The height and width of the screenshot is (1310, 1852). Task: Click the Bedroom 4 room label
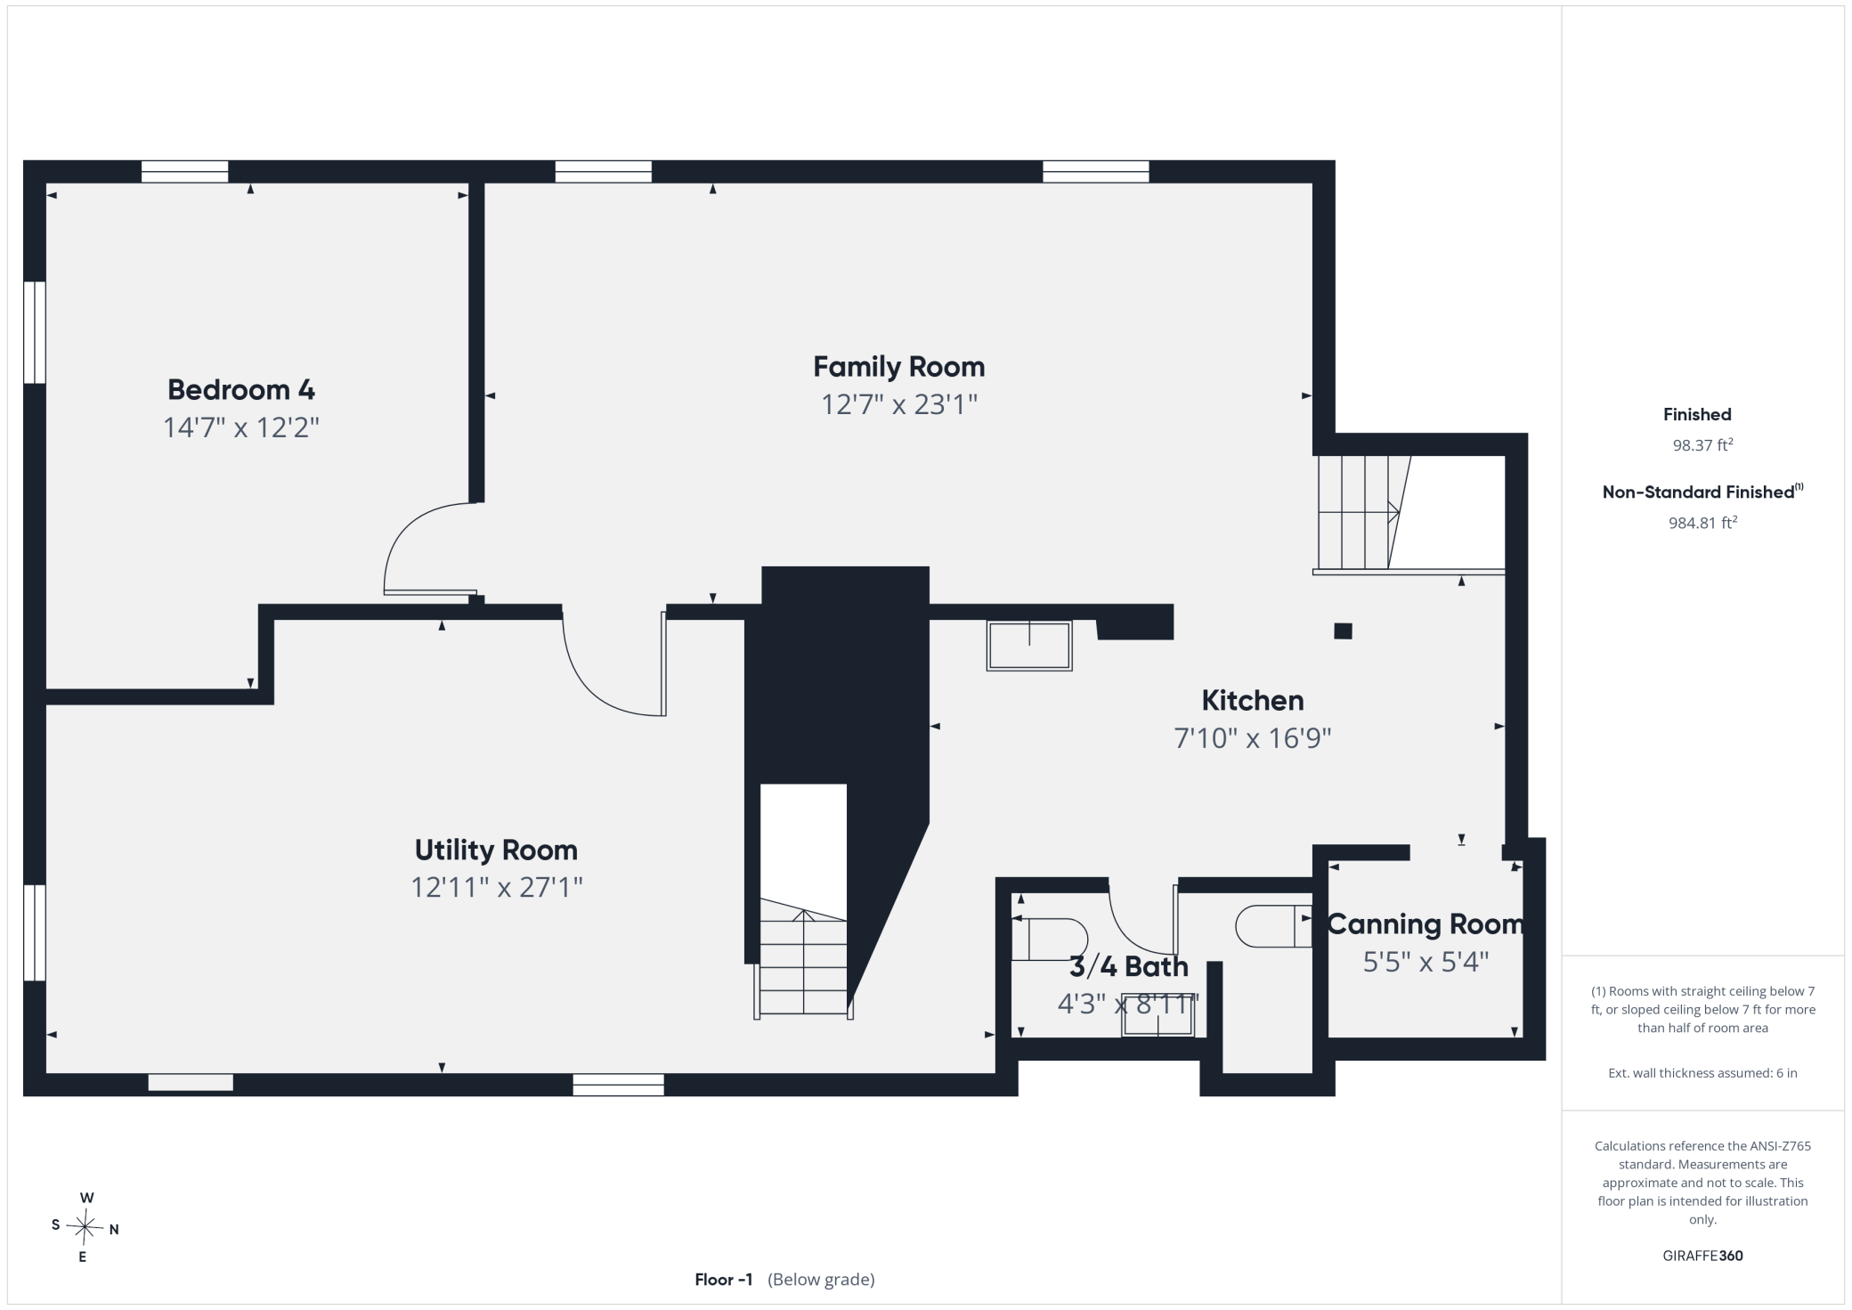point(240,389)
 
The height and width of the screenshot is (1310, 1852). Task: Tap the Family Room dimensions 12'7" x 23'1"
point(898,404)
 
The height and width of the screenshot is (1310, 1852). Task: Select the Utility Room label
point(496,850)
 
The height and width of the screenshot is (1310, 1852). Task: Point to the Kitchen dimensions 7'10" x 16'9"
point(1252,738)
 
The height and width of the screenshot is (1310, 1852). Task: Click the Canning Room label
point(1426,924)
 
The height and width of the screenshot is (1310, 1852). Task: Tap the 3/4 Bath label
point(1128,966)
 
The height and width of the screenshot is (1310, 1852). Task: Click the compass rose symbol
point(85,1227)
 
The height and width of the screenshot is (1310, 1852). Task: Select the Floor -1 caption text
point(723,1279)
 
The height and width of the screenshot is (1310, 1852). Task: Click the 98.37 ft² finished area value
point(1702,444)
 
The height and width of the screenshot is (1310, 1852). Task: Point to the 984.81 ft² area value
point(1702,523)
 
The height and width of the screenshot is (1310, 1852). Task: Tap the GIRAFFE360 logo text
point(1702,1256)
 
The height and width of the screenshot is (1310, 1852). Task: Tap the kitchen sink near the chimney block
point(1028,645)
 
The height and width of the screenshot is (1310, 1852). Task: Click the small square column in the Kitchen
point(1343,631)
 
